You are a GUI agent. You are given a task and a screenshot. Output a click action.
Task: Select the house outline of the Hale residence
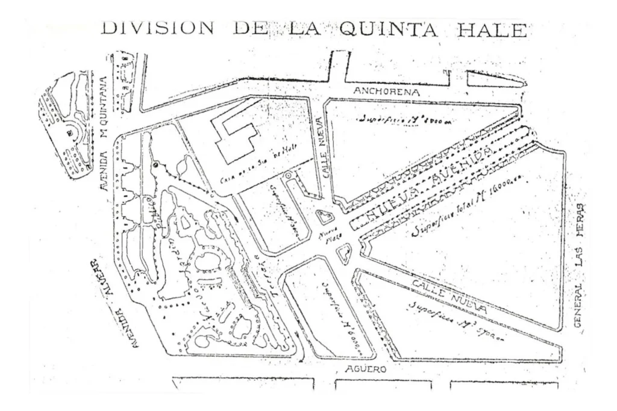(237, 138)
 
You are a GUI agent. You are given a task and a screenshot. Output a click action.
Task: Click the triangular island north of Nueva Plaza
(326, 217)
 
